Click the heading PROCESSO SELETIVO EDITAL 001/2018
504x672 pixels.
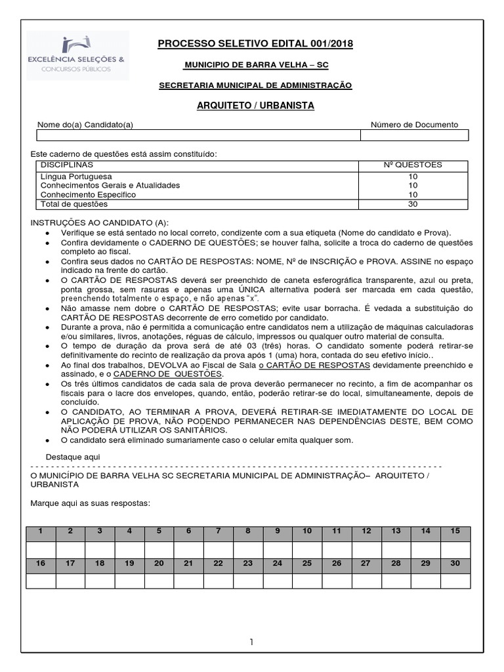255,44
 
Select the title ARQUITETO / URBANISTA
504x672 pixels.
255,106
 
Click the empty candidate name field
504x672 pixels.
198,135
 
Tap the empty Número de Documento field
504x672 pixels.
414,135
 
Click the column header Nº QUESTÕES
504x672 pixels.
413,165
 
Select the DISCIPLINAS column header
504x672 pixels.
67,165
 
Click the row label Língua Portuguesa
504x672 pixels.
76,177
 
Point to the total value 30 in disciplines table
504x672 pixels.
413,204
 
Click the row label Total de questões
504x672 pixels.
73,204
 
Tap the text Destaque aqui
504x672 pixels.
74,456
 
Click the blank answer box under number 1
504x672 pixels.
41,549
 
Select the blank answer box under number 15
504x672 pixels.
455,549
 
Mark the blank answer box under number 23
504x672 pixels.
248,581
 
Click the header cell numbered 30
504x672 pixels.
455,564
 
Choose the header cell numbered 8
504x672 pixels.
248,532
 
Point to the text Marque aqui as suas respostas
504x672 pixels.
91,503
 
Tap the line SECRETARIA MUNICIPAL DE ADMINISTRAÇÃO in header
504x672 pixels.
255,85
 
